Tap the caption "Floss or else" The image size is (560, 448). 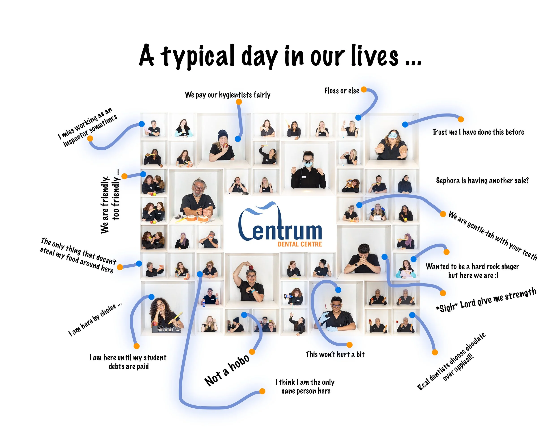click(x=342, y=91)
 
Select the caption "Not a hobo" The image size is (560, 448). click(x=227, y=370)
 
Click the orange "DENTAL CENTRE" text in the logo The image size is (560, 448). click(x=300, y=244)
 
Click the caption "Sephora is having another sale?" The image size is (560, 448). click(x=482, y=181)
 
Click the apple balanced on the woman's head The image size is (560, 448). click(x=251, y=267)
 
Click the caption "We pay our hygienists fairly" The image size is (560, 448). click(x=228, y=95)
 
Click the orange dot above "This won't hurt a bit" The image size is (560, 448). click(x=350, y=345)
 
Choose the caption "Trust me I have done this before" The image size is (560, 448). click(x=478, y=132)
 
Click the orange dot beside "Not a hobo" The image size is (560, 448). click(x=252, y=352)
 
